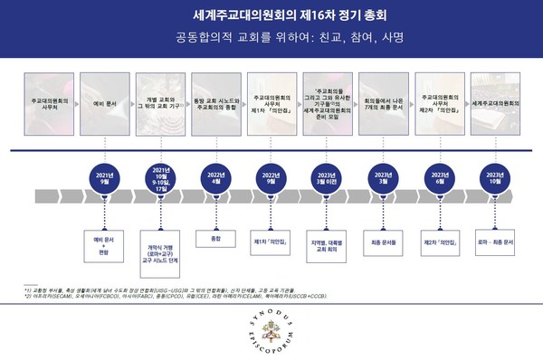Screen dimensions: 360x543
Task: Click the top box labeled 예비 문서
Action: point(105,104)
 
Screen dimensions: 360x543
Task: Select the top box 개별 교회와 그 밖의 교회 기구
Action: point(160,104)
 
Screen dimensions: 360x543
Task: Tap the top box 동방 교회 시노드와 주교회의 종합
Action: point(215,104)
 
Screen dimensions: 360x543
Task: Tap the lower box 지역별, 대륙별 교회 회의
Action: point(326,245)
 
